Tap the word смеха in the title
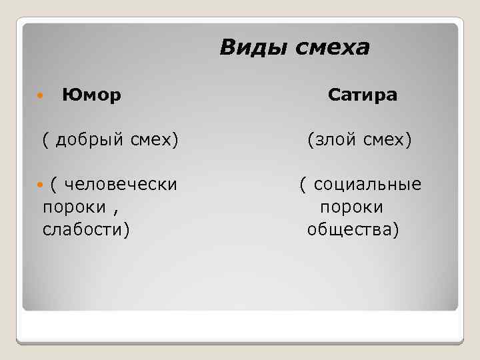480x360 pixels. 331,47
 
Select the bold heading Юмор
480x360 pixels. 91,96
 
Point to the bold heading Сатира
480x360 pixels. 363,96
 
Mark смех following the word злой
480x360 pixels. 388,140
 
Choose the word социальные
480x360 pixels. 367,184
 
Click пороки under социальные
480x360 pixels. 351,207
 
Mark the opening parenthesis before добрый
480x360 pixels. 46,140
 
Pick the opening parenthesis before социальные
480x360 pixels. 303,184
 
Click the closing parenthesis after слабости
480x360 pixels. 127,230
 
